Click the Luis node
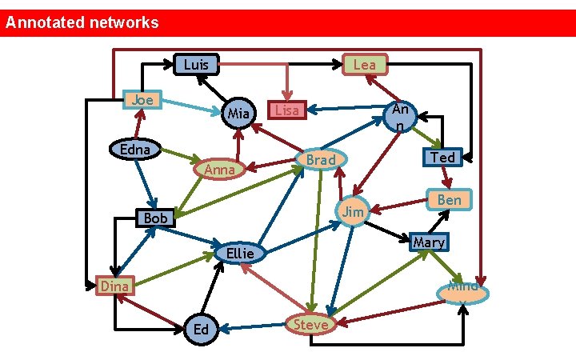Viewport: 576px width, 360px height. click(196, 64)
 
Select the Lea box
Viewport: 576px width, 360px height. click(365, 64)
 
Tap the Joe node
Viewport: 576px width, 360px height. click(142, 100)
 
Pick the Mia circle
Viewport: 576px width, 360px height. click(238, 113)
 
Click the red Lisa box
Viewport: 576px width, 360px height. click(287, 110)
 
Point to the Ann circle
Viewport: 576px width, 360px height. click(401, 117)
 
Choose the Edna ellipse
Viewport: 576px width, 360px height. click(135, 150)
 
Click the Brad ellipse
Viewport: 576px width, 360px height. click(322, 159)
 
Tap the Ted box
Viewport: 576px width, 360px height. click(442, 157)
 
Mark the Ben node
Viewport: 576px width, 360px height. click(450, 199)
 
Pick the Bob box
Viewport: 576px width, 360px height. click(156, 218)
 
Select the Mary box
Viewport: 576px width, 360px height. click(429, 242)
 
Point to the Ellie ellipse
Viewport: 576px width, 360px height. click(240, 253)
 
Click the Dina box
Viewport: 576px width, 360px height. click(114, 286)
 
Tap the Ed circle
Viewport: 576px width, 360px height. click(202, 330)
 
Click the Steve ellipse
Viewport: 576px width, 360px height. click(310, 324)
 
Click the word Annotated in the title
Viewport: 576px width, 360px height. click(45, 22)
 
